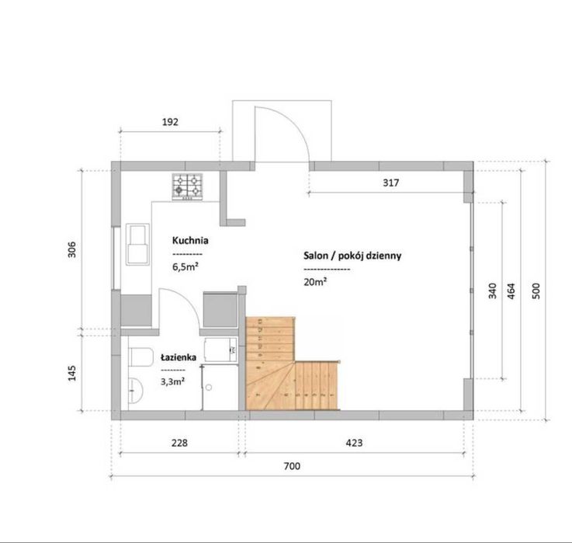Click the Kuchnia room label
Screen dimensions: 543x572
(190, 241)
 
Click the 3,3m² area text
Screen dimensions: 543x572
(172, 381)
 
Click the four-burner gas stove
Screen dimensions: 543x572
(186, 186)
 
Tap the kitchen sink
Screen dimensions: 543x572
(140, 243)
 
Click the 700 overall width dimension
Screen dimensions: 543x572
(292, 467)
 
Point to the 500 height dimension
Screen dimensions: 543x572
(536, 290)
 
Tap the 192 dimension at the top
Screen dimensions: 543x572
(171, 122)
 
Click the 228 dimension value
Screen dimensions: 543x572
(179, 443)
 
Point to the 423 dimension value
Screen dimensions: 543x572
(355, 443)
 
